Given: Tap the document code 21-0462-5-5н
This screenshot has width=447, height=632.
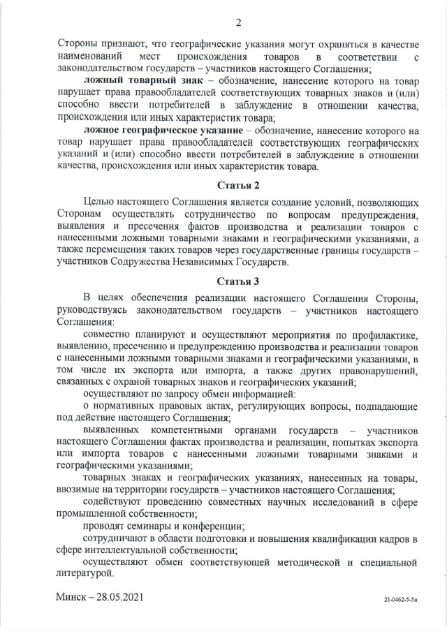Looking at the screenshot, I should pyautogui.click(x=402, y=600).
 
